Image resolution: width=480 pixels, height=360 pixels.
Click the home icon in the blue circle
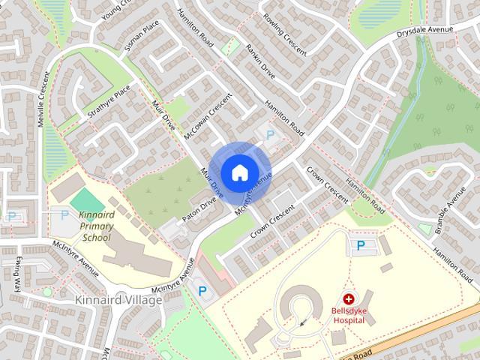click(239, 172)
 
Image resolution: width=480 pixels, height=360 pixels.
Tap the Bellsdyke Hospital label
click(349, 315)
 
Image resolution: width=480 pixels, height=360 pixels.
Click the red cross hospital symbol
click(349, 298)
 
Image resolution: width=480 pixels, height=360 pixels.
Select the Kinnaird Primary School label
click(96, 226)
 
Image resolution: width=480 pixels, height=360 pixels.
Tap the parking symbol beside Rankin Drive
click(269, 134)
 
